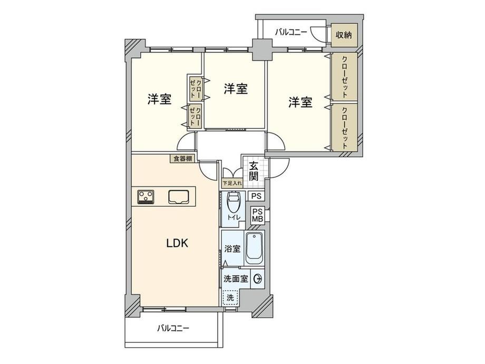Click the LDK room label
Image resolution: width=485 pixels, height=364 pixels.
click(177, 243)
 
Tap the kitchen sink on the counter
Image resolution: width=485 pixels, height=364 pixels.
click(179, 197)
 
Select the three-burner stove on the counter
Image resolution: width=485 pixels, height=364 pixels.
click(146, 197)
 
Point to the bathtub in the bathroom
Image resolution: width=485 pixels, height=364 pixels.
click(254, 248)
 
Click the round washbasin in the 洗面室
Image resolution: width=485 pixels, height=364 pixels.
click(257, 279)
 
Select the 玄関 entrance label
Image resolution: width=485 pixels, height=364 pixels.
click(254, 171)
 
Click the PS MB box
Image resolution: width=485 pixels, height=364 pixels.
click(257, 215)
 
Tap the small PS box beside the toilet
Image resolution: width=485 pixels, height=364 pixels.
click(256, 196)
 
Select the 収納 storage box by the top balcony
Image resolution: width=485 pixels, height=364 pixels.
click(344, 35)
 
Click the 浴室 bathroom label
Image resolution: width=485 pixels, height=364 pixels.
click(232, 248)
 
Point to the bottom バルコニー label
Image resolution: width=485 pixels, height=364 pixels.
click(173, 328)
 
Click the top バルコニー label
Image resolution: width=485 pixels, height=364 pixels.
click(291, 32)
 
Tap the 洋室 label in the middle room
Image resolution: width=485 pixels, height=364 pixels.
click(236, 89)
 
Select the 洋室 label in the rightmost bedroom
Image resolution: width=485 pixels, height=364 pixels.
click(300, 102)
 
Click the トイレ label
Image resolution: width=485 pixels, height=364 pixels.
click(234, 217)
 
